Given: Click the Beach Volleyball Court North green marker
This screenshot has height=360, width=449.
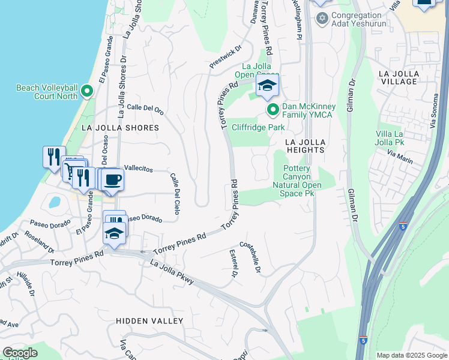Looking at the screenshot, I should pyautogui.click(x=87, y=92).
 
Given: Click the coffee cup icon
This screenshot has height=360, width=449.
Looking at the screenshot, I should pyautogui.click(x=112, y=179).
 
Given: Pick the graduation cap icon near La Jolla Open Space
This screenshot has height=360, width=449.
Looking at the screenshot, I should pyautogui.click(x=268, y=85).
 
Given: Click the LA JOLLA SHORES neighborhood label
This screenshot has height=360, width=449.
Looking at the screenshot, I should pyautogui.click(x=120, y=128).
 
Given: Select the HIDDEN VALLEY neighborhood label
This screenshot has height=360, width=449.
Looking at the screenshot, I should pyautogui.click(x=149, y=321).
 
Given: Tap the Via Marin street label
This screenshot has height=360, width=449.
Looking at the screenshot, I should pyautogui.click(x=400, y=157).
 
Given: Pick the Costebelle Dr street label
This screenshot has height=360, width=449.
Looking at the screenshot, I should pyautogui.click(x=250, y=257).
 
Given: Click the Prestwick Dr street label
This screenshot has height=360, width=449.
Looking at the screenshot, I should pyautogui.click(x=225, y=56).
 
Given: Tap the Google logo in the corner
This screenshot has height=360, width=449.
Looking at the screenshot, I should pyautogui.click(x=20, y=353).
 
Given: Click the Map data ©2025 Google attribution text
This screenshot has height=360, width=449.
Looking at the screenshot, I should pyautogui.click(x=412, y=355).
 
